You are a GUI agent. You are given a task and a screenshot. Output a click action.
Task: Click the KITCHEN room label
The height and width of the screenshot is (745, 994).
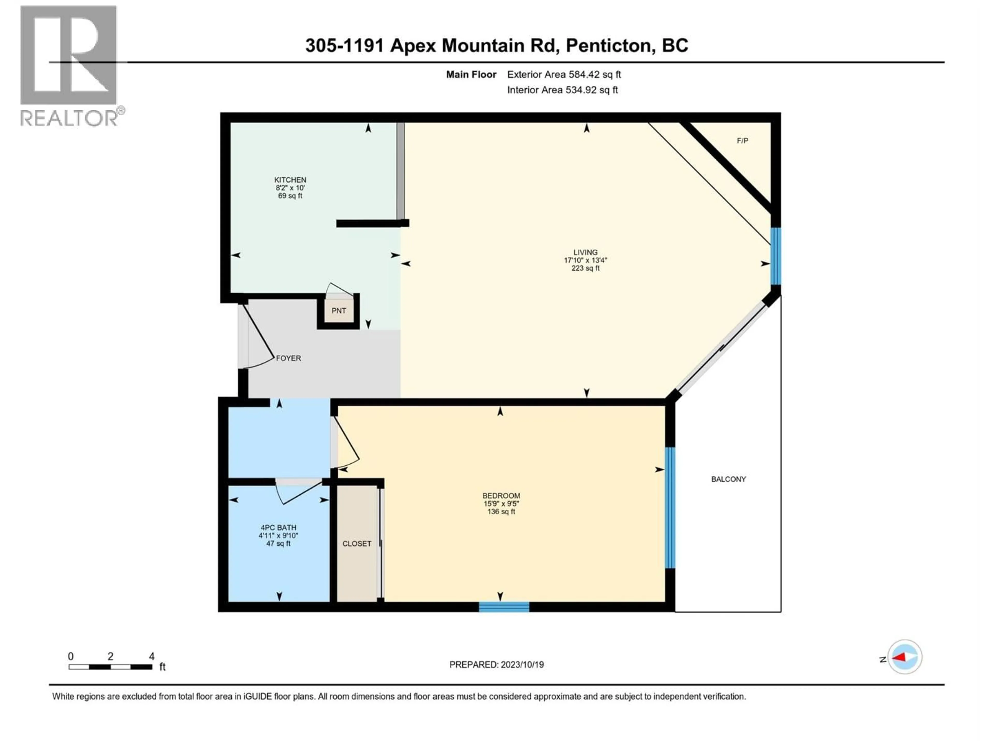point(290,180)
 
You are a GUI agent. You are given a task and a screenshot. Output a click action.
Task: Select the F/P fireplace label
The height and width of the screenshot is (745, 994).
point(742,140)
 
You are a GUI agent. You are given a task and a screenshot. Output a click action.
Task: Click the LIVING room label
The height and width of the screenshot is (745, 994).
point(585,252)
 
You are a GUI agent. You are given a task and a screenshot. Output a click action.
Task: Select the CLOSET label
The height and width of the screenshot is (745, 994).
point(356,543)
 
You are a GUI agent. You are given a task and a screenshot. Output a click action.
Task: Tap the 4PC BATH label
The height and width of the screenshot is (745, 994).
point(278,528)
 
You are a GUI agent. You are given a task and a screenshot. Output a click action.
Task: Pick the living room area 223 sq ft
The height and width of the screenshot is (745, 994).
point(585,268)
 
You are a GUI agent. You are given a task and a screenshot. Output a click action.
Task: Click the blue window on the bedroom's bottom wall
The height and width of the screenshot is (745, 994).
point(504,607)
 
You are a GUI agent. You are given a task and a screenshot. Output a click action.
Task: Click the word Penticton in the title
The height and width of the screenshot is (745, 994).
point(609,45)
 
